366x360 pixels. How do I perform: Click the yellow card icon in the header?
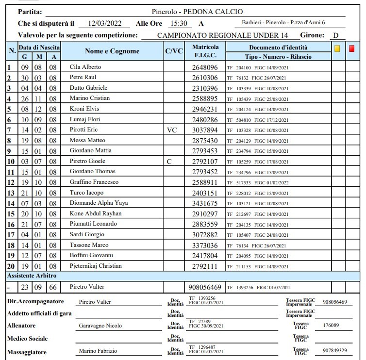point(337,49)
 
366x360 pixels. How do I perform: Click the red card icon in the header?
point(352,49)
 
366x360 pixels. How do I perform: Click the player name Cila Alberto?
point(83,67)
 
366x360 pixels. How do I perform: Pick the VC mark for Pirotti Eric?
point(172,130)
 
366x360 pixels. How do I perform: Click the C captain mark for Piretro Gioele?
point(169,162)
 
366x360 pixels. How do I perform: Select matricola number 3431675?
point(205,203)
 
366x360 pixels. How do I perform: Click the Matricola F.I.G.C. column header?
point(205,51)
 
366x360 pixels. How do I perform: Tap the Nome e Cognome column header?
point(112,51)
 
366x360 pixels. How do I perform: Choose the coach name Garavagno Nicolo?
point(100,326)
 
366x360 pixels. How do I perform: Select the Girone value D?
point(335,35)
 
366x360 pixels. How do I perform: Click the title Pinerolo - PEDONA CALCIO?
point(197,12)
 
